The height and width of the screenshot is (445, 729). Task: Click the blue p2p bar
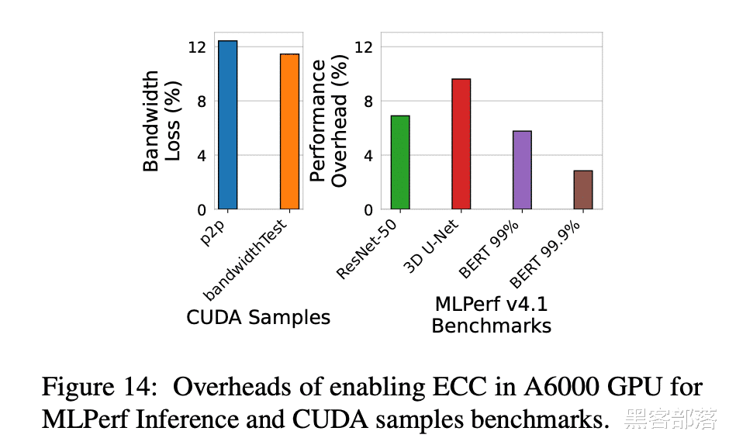pyautogui.click(x=227, y=125)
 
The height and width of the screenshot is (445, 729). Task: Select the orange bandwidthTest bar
pyautogui.click(x=289, y=132)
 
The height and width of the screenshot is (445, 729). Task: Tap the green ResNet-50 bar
pyautogui.click(x=400, y=162)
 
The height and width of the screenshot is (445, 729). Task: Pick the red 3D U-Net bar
pyautogui.click(x=461, y=144)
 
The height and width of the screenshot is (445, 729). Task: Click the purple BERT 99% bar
pyautogui.click(x=522, y=170)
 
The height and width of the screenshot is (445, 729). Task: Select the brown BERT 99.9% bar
pyautogui.click(x=583, y=190)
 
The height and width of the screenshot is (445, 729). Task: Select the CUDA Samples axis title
pyautogui.click(x=258, y=317)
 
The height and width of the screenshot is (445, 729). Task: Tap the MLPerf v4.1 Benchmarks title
pyautogui.click(x=491, y=314)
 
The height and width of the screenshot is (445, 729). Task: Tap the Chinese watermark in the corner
pyautogui.click(x=671, y=419)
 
